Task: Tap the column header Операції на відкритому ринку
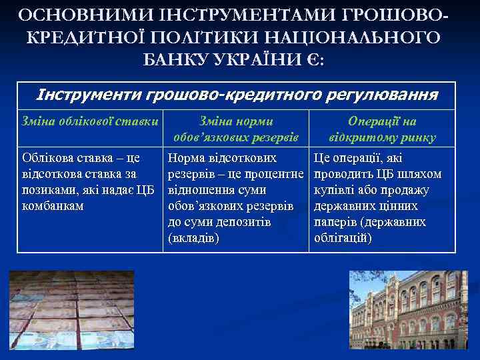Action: [382, 130]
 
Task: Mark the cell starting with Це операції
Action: [382, 198]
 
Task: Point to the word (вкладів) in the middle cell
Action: [194, 238]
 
